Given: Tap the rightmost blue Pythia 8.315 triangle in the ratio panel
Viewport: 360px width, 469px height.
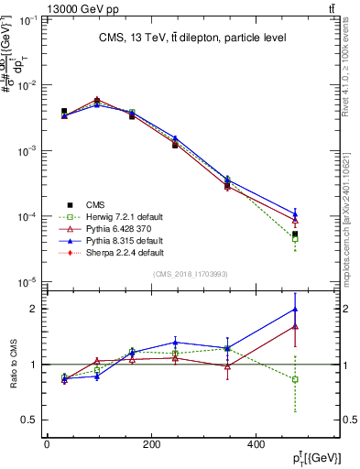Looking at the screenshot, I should click(295, 309).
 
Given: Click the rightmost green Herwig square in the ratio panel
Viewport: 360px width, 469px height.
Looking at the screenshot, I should click(295, 379).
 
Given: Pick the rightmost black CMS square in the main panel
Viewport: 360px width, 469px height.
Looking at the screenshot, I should click(295, 234).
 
